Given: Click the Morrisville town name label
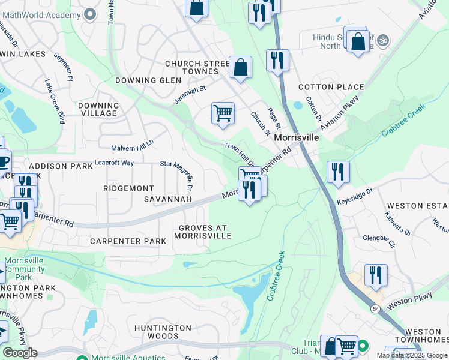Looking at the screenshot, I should (x=296, y=137).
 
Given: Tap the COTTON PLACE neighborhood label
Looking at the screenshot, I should (x=331, y=87).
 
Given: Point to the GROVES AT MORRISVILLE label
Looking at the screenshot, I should (x=202, y=232).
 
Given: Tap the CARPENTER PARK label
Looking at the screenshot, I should (x=128, y=241).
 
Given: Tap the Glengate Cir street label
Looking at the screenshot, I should (x=379, y=241).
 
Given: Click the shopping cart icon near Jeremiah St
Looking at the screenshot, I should (x=223, y=113).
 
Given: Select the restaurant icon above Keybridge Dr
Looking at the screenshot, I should (x=338, y=172).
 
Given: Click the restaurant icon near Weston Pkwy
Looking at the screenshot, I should (x=376, y=275).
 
